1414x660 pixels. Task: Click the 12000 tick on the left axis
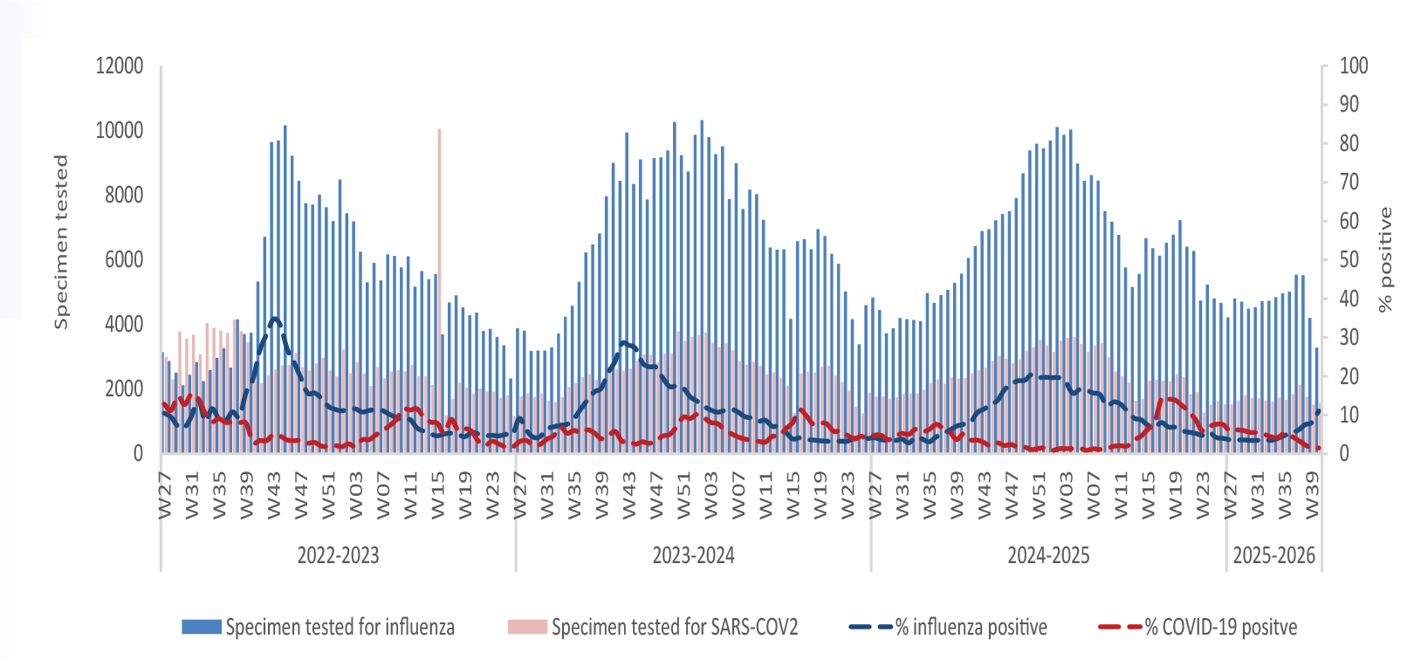point(120,66)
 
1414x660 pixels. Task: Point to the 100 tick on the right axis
point(1354,66)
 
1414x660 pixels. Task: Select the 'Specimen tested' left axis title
point(60,242)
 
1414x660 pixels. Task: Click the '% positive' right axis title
point(1385,259)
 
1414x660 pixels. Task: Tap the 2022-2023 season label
point(338,556)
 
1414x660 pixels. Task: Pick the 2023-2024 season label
point(693,556)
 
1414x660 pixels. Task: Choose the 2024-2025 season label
point(1048,556)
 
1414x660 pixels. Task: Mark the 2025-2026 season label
point(1273,556)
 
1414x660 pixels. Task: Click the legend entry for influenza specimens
point(319,627)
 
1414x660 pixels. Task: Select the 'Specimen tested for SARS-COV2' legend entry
point(653,627)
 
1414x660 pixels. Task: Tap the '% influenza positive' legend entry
point(949,627)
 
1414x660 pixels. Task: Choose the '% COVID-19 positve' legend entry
point(1198,627)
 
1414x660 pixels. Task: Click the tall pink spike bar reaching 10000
point(439,227)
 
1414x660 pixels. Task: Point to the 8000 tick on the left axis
point(124,196)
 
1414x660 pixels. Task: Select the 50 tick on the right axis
point(1349,260)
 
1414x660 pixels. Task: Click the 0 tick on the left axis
point(138,454)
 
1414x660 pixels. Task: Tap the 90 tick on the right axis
point(1349,105)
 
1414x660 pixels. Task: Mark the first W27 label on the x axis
point(166,495)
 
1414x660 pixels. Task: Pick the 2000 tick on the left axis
point(124,389)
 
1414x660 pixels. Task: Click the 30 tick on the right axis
point(1349,337)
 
